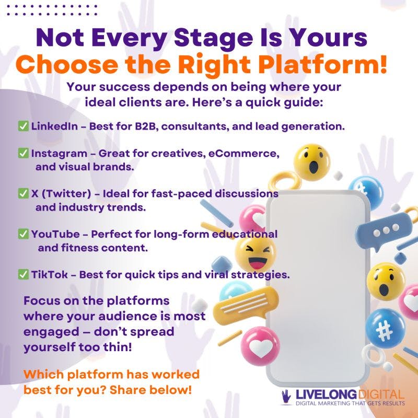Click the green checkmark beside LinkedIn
point(23,126)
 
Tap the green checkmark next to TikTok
point(23,274)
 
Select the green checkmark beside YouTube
point(23,234)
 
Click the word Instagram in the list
point(59,154)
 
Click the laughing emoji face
point(256,254)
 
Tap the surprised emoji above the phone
point(312,162)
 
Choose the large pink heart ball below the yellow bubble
point(260,346)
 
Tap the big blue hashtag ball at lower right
point(385,329)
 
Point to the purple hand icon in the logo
point(286,397)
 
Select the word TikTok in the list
point(49,274)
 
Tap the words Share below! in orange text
point(150,390)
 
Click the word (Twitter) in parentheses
point(66,193)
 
